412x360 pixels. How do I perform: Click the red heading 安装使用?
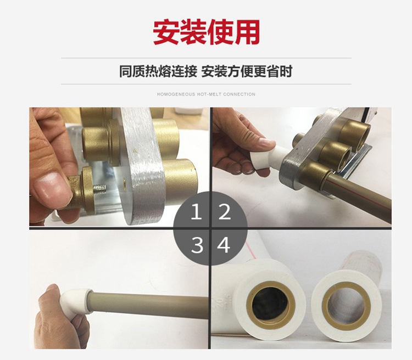pyautogui.click(x=206, y=32)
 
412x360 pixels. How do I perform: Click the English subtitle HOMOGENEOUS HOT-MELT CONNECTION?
pyautogui.click(x=206, y=94)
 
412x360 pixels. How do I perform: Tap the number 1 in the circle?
pyautogui.click(x=196, y=212)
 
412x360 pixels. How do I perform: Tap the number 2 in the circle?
pyautogui.click(x=224, y=212)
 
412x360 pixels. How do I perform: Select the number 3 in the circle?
pyautogui.click(x=197, y=245)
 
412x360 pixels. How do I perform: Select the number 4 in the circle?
pyautogui.click(x=224, y=245)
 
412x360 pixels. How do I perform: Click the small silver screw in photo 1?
pyautogui.click(x=101, y=188)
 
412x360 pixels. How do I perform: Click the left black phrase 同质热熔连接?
pyautogui.click(x=158, y=71)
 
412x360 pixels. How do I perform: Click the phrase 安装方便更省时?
pyautogui.click(x=247, y=71)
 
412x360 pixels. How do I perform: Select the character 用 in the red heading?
pyautogui.click(x=247, y=32)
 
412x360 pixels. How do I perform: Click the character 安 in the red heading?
pyautogui.click(x=166, y=32)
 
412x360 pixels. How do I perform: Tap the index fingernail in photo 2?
pyautogui.click(x=266, y=143)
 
